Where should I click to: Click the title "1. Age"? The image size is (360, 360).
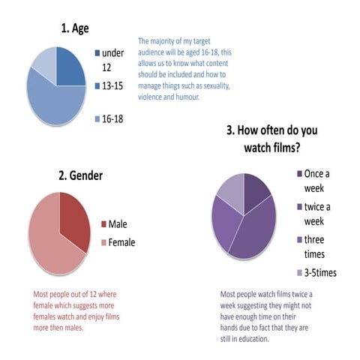75,28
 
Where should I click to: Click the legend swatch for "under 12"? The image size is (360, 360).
97,54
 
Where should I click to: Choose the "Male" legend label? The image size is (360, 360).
118,223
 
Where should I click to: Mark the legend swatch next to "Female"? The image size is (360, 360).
103,242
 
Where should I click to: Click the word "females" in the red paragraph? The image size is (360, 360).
48,316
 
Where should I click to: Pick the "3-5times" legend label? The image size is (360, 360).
319,272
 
